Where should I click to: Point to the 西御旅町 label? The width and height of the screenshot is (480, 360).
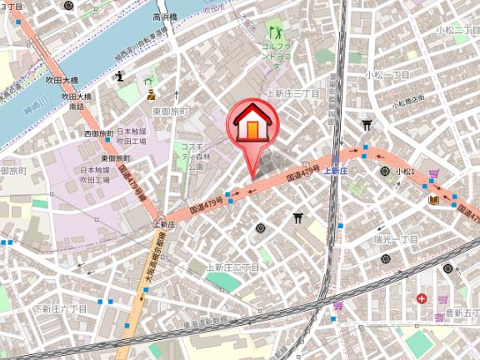tap(97, 133)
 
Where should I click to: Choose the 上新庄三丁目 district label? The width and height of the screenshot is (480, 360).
tap(292, 94)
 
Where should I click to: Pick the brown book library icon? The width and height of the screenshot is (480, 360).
tap(433, 199)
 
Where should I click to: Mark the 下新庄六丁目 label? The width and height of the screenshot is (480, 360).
tap(60, 308)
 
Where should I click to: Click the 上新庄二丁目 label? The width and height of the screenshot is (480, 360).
tap(233, 267)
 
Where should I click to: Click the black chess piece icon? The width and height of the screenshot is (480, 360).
tap(120, 77)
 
